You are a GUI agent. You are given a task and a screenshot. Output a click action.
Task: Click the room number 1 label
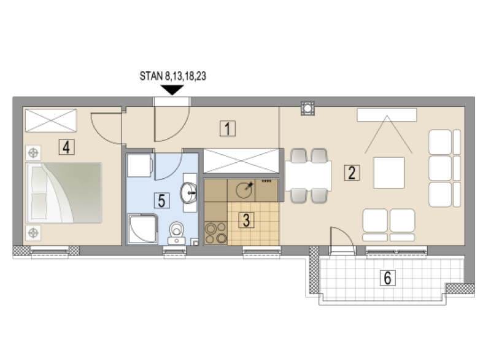click(x=227, y=128)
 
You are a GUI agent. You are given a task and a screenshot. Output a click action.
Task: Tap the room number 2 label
click(x=352, y=173)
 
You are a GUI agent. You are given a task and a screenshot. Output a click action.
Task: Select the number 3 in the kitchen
click(x=247, y=221)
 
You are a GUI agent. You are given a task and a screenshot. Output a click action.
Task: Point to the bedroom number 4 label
click(x=66, y=147)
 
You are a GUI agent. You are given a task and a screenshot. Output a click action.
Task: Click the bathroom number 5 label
click(x=161, y=200)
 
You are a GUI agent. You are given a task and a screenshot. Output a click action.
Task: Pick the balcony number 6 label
click(x=388, y=278)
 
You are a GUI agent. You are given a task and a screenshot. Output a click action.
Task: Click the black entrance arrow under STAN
click(x=172, y=90)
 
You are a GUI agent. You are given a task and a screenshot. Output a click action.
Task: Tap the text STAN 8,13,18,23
click(x=173, y=76)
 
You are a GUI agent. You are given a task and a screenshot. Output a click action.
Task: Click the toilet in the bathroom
click(x=177, y=233)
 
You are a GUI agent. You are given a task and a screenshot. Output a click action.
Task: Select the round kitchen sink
click(x=244, y=190)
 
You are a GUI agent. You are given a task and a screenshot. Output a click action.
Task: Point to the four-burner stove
click(x=216, y=233)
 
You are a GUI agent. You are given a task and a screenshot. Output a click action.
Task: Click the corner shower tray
click(x=142, y=229)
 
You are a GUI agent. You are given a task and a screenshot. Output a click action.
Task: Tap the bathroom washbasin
click(x=188, y=192)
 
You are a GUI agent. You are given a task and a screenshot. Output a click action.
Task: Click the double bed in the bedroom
click(x=64, y=193)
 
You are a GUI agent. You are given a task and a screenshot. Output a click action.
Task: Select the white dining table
click(x=308, y=176)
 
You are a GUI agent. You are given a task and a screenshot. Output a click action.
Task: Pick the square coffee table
click(x=389, y=173)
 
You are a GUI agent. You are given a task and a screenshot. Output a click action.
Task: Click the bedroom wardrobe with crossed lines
click(x=51, y=120)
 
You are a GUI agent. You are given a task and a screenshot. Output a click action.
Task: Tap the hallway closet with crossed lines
click(x=241, y=161)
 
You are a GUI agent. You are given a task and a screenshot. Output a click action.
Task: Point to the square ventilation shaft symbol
click(x=307, y=108)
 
